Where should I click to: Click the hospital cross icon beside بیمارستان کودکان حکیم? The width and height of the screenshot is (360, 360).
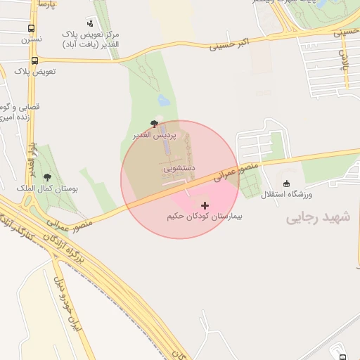(x=205, y=205)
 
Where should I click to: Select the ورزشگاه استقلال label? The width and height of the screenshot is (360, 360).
(x=286, y=193)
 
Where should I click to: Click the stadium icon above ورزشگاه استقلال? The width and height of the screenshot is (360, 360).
(x=286, y=184)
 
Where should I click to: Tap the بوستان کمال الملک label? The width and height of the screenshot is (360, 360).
(x=47, y=189)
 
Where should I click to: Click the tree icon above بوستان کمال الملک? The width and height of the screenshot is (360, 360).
(x=47, y=178)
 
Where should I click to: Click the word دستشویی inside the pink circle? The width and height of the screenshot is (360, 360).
(x=179, y=169)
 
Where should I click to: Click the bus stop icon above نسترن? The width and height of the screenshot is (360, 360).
(x=31, y=29)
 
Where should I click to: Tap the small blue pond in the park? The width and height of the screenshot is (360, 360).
(x=164, y=101)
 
